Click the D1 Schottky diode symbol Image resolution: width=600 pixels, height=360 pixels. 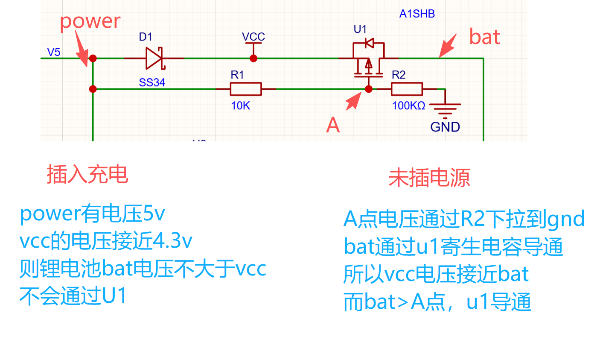click(x=154, y=58)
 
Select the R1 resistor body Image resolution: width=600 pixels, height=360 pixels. click(x=246, y=89)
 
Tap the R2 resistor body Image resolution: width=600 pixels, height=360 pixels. click(x=407, y=89)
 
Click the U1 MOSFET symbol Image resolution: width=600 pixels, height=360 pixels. click(x=368, y=60)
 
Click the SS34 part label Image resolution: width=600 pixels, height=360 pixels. click(x=152, y=82)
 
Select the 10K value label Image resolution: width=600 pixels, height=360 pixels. click(x=240, y=105)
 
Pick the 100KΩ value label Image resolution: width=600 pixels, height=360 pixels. click(x=408, y=105)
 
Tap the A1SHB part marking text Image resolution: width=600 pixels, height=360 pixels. click(x=417, y=14)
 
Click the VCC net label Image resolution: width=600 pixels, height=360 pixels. click(x=253, y=37)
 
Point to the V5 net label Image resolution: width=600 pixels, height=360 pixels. click(x=54, y=52)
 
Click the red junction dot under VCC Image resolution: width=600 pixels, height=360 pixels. click(x=253, y=58)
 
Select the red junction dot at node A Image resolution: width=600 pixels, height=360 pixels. click(x=369, y=89)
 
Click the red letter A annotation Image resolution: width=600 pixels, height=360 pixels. click(x=333, y=125)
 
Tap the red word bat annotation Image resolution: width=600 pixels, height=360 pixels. click(x=484, y=37)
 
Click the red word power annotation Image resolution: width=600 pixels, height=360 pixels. click(x=90, y=21)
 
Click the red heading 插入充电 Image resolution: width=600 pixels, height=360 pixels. click(x=87, y=174)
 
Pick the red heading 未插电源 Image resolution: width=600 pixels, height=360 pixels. click(x=429, y=178)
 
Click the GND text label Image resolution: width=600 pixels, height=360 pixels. click(x=445, y=127)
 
